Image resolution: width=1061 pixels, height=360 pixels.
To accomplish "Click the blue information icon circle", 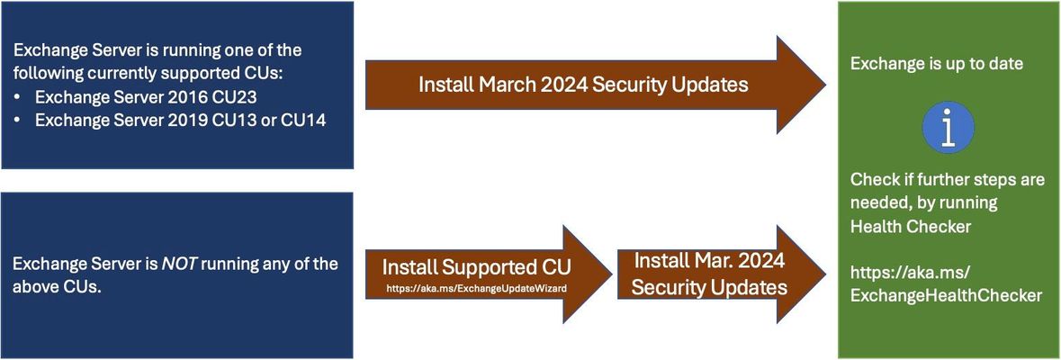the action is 948,127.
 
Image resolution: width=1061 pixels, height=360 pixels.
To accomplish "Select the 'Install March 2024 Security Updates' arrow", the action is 596,85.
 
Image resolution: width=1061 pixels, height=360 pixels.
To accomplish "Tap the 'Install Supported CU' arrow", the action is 489,274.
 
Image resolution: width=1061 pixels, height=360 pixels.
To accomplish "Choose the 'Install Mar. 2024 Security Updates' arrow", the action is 722,274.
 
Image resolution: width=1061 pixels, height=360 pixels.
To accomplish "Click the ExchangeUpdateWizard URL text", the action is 476,288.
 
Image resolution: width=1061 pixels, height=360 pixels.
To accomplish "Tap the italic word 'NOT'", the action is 178,263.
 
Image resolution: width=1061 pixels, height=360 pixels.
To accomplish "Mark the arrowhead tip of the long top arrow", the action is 825,85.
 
